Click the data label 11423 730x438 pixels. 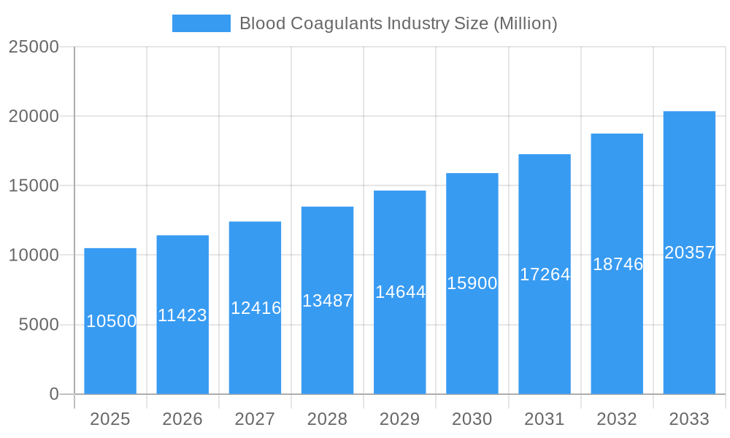click(x=182, y=315)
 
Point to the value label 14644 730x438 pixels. click(x=400, y=292)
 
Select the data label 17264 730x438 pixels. click(x=545, y=274)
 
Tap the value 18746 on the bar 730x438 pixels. click(x=618, y=264)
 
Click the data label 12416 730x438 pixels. click(x=255, y=308)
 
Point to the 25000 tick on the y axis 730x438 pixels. click(x=34, y=47)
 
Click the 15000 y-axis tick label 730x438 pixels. click(x=34, y=185)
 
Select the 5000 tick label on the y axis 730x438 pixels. click(x=39, y=325)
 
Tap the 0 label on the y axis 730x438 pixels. click(x=54, y=394)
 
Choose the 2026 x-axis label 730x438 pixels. click(x=182, y=419)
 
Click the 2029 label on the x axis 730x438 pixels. click(x=400, y=419)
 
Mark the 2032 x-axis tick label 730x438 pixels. click(x=617, y=419)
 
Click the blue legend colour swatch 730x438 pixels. click(x=201, y=23)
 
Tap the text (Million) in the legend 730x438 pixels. click(x=526, y=23)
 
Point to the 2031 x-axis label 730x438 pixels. click(x=545, y=419)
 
